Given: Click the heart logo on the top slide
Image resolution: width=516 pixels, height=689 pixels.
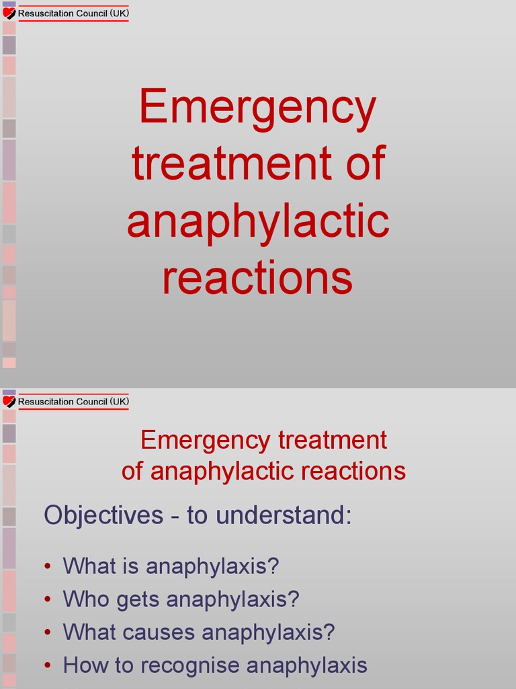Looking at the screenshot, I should (9, 13).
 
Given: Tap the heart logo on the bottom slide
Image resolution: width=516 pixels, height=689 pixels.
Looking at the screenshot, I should (9, 402).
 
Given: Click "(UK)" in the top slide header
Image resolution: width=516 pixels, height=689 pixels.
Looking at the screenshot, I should (119, 13).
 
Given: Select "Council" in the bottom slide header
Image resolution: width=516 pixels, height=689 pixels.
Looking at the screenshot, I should (92, 402).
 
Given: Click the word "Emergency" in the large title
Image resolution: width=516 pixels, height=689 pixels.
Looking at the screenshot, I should (257, 108).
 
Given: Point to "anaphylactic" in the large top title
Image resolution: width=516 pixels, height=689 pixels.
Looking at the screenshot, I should (257, 222).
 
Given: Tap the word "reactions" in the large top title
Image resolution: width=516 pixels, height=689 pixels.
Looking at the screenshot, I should (257, 279).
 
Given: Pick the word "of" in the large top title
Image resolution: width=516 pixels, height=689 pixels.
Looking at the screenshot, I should (366, 164).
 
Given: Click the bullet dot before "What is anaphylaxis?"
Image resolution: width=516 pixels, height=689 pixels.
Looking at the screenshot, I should (48, 567).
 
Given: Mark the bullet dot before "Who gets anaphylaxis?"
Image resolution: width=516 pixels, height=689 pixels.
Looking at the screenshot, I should (48, 600).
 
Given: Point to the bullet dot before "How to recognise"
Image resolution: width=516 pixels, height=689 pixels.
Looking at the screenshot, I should (48, 666).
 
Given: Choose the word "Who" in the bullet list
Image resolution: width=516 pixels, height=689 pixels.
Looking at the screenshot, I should (86, 599).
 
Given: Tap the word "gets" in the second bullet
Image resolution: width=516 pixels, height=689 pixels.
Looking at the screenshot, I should (138, 600).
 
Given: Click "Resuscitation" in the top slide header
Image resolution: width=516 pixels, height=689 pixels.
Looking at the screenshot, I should (46, 13).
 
